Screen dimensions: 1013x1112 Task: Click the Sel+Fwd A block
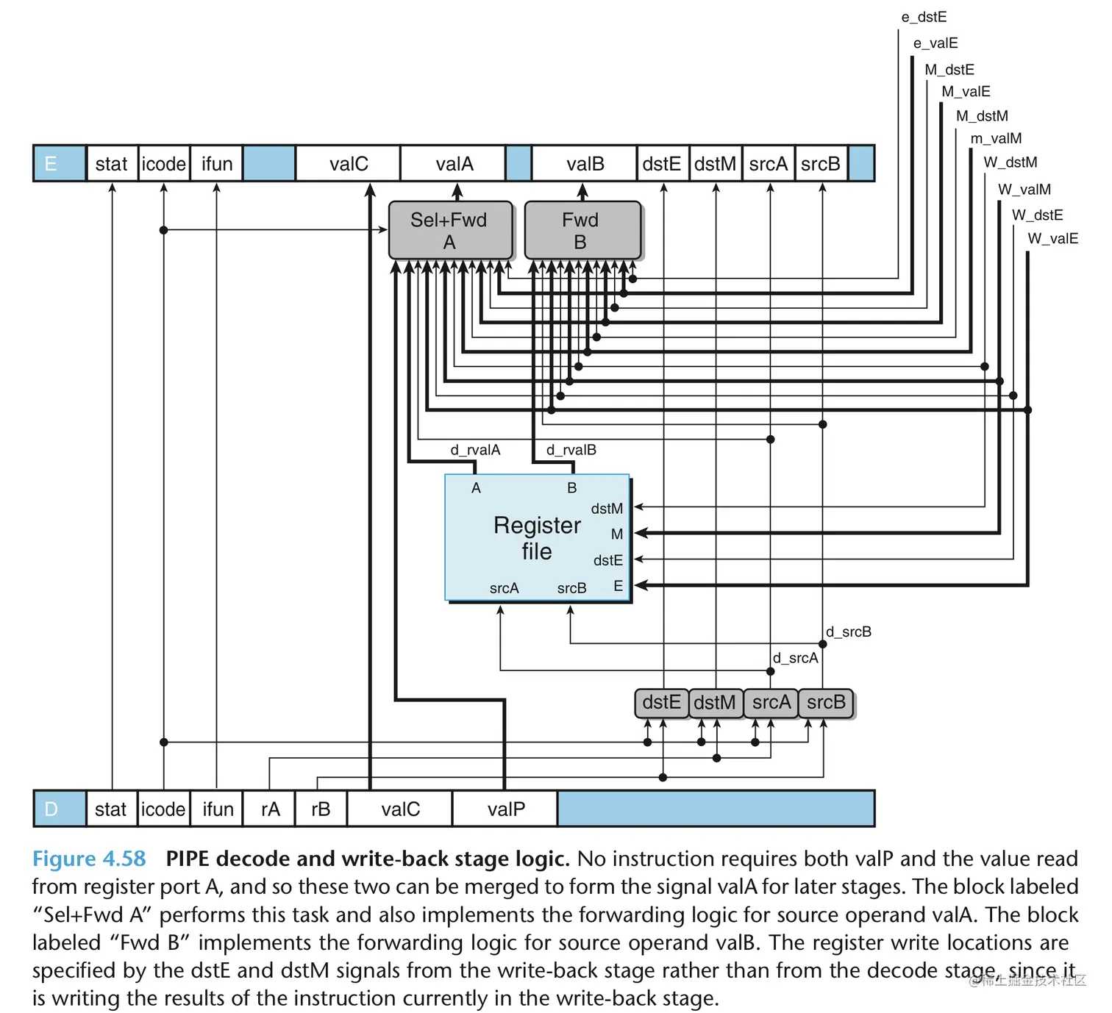[449, 230]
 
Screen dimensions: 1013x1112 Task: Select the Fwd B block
[581, 230]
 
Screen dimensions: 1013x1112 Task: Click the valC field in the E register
[349, 164]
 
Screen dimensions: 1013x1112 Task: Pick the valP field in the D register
[506, 809]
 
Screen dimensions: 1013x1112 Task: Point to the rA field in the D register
[270, 809]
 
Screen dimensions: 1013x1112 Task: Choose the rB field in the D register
[321, 809]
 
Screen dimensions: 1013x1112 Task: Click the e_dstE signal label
[924, 17]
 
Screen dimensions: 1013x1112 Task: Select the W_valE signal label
[1052, 238]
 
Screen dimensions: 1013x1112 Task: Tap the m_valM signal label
[996, 138]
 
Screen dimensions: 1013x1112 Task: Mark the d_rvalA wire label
[475, 450]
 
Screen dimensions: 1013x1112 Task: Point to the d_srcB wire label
[848, 631]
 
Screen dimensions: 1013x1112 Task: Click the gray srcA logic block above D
[771, 703]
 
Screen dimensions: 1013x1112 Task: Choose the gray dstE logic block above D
[661, 703]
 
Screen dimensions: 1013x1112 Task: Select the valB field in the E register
[585, 164]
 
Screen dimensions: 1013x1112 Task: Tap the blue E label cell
[59, 163]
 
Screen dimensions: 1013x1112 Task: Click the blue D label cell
[59, 809]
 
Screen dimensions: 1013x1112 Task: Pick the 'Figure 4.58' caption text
[89, 859]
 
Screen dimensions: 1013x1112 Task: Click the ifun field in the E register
[217, 164]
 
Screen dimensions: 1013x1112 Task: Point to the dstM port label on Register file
[607, 509]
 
